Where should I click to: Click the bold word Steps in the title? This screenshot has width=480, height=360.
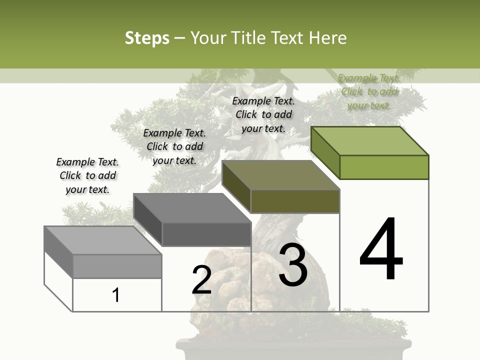click(146, 38)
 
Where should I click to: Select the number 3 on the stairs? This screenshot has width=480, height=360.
click(293, 264)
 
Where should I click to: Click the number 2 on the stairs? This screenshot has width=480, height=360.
click(202, 280)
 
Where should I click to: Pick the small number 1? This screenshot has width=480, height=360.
click(116, 295)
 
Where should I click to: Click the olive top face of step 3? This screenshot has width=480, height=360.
click(281, 175)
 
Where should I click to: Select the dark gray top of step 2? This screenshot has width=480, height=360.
click(192, 208)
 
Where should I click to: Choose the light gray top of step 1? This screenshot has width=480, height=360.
click(103, 240)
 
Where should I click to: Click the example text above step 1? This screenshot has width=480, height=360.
click(87, 175)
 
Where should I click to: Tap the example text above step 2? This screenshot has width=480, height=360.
click(174, 146)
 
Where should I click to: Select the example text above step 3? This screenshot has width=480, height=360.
click(263, 114)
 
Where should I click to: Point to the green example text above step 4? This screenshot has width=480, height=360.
click(369, 91)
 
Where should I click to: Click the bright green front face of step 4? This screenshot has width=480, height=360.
click(384, 167)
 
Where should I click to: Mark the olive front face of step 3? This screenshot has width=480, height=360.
click(295, 201)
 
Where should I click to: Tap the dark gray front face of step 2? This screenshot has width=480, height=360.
click(206, 234)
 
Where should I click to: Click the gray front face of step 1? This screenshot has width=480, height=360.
click(117, 266)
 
